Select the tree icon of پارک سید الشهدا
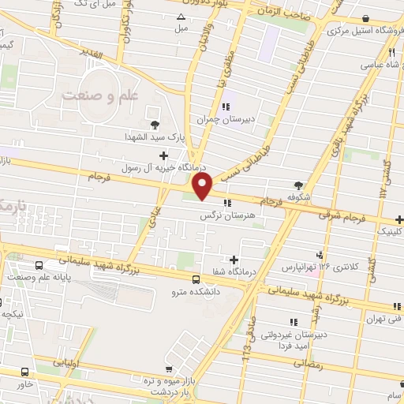pyautogui.click(x=154, y=124)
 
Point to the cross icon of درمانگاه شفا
pyautogui.click(x=234, y=260)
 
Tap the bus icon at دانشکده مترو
pyautogui.click(x=196, y=279)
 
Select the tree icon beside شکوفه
pyautogui.click(x=298, y=185)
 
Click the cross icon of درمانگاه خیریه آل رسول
pyautogui.click(x=163, y=155)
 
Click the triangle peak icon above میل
pyautogui.click(x=182, y=16)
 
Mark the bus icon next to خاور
pyautogui.click(x=26, y=371)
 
